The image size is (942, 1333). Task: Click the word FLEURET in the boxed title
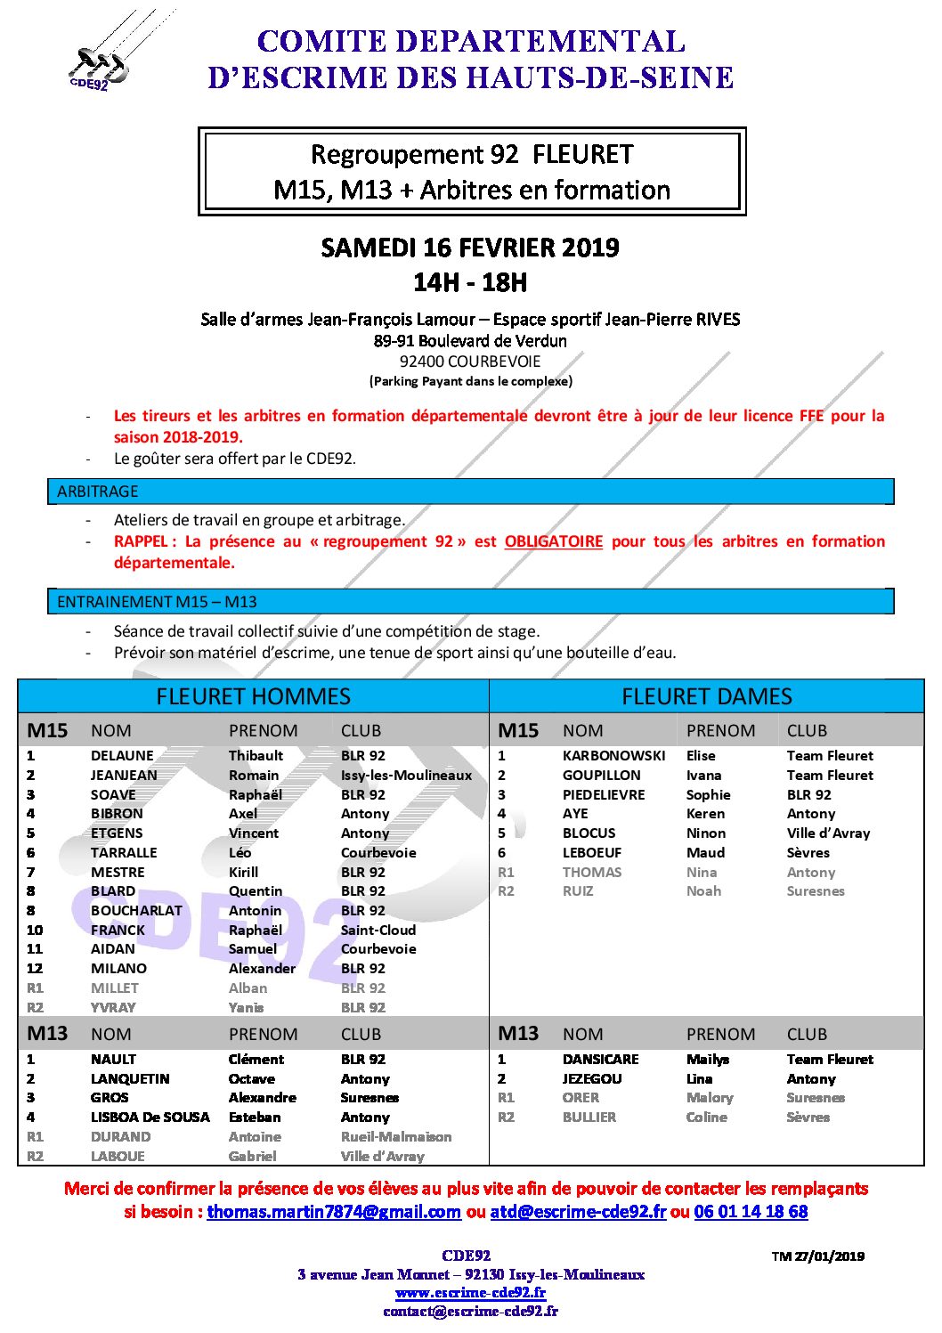click(x=582, y=155)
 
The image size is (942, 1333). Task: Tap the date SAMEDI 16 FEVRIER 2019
click(x=470, y=248)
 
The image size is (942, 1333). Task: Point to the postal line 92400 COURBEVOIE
click(x=469, y=362)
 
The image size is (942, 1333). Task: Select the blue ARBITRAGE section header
click(x=470, y=492)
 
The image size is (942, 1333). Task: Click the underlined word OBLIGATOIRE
click(x=553, y=541)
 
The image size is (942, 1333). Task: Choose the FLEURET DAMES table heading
click(x=706, y=696)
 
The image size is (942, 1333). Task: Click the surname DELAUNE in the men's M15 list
click(x=122, y=756)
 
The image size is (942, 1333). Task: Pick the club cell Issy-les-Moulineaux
click(x=406, y=776)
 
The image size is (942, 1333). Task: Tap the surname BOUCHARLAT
click(x=136, y=911)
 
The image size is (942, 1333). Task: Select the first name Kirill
click(x=243, y=873)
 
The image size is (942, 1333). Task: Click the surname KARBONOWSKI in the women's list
click(x=613, y=756)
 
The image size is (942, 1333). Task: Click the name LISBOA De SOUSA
click(x=150, y=1118)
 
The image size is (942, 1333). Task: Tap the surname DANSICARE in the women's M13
click(x=600, y=1060)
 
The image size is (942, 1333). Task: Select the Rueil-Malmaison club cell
click(x=395, y=1137)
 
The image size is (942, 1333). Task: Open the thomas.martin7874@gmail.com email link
click(x=334, y=1212)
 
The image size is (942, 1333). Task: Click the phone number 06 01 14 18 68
click(x=751, y=1212)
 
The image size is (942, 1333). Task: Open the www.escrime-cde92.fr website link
click(x=470, y=1293)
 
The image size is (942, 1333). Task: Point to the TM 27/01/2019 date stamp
click(x=817, y=1256)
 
